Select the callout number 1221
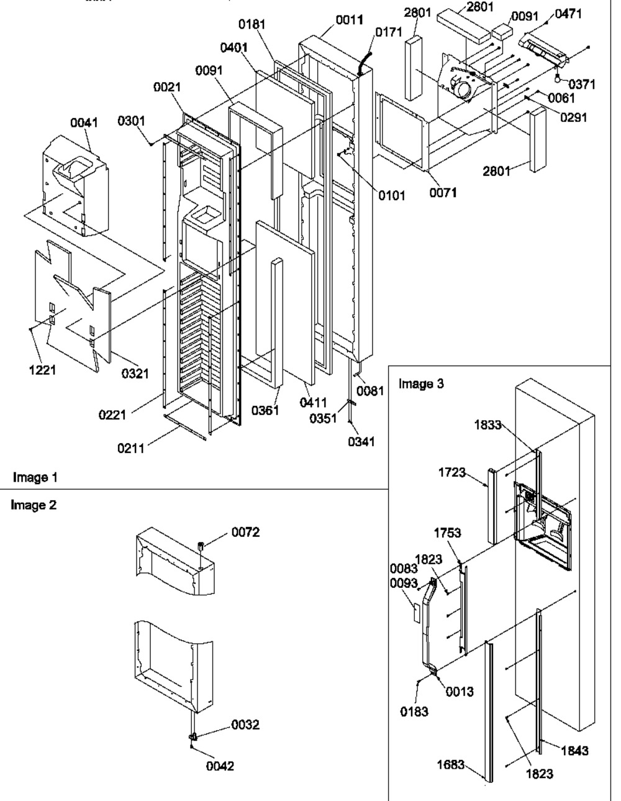click(44, 370)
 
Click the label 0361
click(265, 410)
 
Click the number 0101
click(392, 196)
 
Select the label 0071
click(443, 193)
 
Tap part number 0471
click(568, 13)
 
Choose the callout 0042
click(220, 766)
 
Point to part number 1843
click(574, 751)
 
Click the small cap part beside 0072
click(202, 546)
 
